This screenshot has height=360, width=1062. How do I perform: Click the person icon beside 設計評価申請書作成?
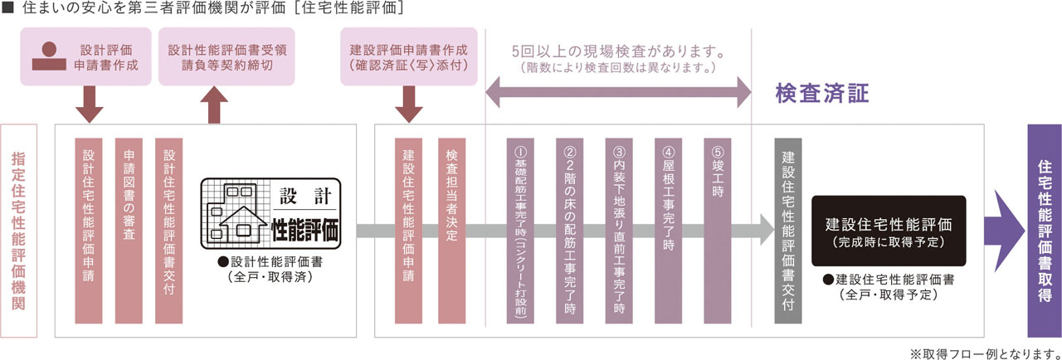[48, 54]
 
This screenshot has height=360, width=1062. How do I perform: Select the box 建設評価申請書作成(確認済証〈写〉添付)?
[410, 55]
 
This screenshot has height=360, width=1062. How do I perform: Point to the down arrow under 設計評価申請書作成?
[89, 105]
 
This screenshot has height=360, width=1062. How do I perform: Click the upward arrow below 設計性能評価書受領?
[214, 105]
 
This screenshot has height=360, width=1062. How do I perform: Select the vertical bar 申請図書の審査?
[129, 230]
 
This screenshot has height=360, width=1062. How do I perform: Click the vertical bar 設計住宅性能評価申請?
[89, 230]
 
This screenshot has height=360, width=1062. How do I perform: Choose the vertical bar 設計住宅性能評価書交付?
[168, 230]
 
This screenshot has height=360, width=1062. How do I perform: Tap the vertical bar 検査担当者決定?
[451, 230]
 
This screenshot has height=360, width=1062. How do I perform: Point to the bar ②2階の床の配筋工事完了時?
[570, 230]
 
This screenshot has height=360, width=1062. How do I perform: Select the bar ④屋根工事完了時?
[668, 230]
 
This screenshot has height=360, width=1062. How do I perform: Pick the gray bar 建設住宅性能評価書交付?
[787, 230]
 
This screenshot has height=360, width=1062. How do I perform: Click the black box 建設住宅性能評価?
[888, 230]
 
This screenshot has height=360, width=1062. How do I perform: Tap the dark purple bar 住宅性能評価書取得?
[1044, 230]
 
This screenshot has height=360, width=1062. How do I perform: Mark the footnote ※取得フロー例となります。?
[985, 353]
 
